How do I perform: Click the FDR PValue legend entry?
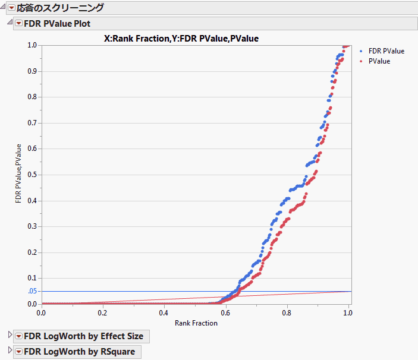[x=386, y=51]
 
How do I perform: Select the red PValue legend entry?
[x=379, y=61]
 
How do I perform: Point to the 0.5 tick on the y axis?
[x=32, y=175]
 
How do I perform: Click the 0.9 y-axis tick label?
[x=32, y=71]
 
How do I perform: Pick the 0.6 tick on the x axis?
[x=225, y=312]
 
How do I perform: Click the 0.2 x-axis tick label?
[x=102, y=312]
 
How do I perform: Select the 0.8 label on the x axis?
[x=287, y=312]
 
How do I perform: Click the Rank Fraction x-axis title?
[x=196, y=323]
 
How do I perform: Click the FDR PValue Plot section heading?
[x=57, y=23]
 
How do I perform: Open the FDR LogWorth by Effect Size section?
[x=83, y=336]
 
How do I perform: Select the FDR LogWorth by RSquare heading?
[x=79, y=352]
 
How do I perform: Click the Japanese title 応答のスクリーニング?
[x=60, y=8]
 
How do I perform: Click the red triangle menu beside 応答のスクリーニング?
[x=11, y=8]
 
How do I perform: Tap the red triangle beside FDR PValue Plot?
[x=18, y=23]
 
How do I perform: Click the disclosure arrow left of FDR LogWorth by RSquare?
[x=9, y=352]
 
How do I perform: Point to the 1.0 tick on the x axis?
[x=348, y=312]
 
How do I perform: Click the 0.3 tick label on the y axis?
[x=32, y=226]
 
